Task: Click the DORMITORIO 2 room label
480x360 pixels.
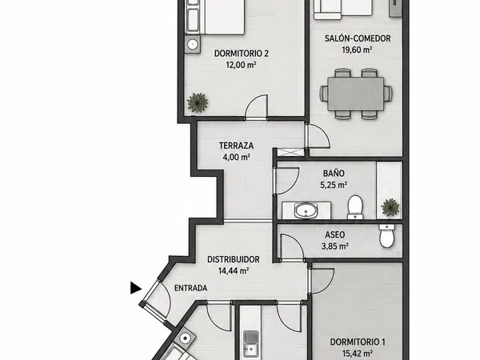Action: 242,54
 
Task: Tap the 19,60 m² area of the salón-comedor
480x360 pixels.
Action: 357,50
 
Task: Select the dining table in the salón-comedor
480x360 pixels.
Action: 355,94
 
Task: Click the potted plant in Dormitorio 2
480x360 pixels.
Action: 198,102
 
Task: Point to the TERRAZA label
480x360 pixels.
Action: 236,146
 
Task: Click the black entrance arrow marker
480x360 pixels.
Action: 136,288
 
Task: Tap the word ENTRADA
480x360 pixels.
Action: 190,288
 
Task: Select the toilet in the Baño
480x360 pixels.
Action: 355,207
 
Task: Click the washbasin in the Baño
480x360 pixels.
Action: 306,211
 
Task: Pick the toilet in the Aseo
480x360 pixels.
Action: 386,235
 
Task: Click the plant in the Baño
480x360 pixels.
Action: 390,207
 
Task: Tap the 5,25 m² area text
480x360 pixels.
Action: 334,186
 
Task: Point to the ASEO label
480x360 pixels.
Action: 335,234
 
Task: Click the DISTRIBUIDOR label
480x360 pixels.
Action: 234,259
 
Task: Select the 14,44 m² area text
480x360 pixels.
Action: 234,271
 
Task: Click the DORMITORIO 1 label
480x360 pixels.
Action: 358,342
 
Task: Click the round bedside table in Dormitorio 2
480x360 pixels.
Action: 193,44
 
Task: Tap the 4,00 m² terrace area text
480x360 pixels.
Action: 236,158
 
